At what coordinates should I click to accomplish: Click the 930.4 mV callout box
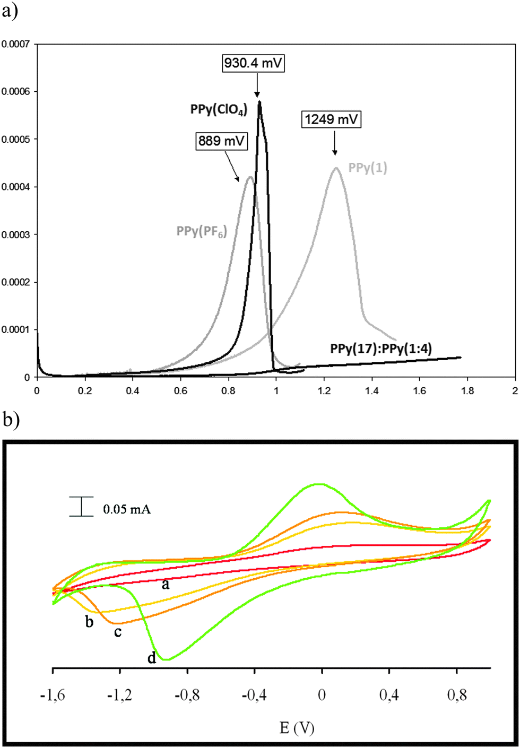253,64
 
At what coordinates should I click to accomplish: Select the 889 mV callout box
222,141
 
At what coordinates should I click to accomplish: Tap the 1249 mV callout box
331,119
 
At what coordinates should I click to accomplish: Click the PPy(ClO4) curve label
219,110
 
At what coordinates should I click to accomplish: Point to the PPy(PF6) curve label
202,232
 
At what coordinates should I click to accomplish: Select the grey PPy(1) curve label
368,168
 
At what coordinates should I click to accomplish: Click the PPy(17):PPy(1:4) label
381,349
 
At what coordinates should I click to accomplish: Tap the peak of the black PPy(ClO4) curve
259,101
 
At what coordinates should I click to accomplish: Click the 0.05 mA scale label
127,510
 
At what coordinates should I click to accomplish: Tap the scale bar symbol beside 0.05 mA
81,506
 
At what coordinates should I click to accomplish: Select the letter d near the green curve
152,658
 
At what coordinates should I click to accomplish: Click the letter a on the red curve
166,585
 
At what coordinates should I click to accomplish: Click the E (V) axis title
297,728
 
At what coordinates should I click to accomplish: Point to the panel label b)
11,420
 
